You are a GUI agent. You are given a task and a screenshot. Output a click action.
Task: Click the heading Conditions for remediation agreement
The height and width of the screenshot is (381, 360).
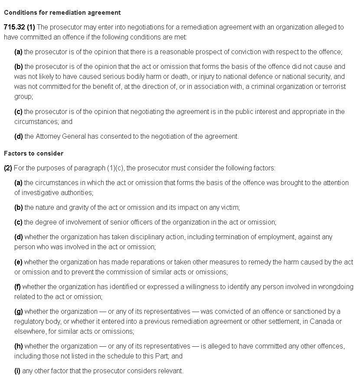pos(62,13)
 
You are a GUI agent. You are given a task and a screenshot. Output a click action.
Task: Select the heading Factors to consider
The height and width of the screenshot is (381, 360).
pos(33,153)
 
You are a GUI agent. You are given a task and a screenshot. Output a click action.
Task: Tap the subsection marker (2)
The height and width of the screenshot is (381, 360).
pos(8,168)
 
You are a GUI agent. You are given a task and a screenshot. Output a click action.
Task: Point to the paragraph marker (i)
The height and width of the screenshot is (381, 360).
pos(17,371)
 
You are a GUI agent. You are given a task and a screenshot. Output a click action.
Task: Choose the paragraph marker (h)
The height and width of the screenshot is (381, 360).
pos(19,346)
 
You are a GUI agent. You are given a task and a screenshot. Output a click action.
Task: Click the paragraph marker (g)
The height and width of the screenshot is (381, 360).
pos(19,312)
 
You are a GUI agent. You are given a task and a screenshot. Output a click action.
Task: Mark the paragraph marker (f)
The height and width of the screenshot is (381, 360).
pos(17,287)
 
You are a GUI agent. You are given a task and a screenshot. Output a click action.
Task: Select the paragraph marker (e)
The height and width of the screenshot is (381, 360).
pos(18,262)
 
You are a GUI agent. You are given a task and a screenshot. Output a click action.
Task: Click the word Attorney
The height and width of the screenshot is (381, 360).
pos(49,137)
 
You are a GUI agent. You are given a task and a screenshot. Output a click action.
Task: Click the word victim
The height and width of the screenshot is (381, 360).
pos(229,208)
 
